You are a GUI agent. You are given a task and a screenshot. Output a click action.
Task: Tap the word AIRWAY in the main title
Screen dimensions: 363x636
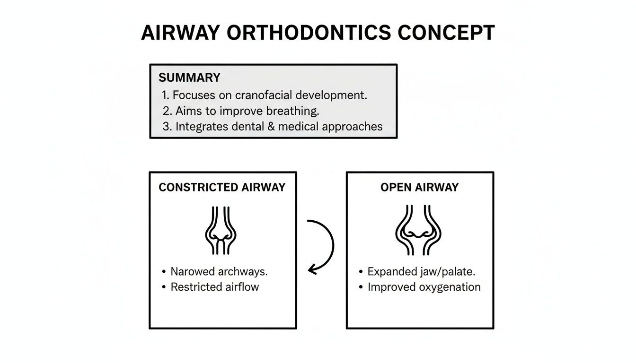[181, 33]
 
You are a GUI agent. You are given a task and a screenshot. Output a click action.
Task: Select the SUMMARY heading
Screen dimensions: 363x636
[189, 78]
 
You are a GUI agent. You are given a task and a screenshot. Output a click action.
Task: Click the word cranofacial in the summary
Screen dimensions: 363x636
[258, 95]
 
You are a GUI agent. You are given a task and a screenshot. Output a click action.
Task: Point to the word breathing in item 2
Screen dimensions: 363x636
[292, 111]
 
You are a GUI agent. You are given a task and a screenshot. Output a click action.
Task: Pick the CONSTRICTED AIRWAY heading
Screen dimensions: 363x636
[222, 187]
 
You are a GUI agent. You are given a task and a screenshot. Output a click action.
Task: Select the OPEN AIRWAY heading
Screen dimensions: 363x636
[420, 187]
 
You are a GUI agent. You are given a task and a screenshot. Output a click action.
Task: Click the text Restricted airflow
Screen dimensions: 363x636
[215, 287]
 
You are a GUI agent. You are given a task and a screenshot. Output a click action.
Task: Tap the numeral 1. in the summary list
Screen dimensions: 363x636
[166, 95]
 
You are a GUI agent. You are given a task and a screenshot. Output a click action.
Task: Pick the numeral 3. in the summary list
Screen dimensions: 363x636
[166, 127]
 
